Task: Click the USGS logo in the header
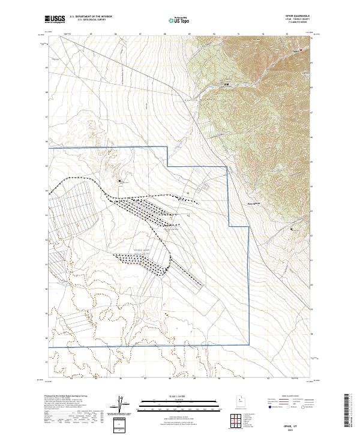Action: [x=56, y=19]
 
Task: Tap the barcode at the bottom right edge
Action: [x=352, y=413]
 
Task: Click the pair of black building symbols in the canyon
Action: [x=227, y=84]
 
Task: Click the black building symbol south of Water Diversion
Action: [x=292, y=229]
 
